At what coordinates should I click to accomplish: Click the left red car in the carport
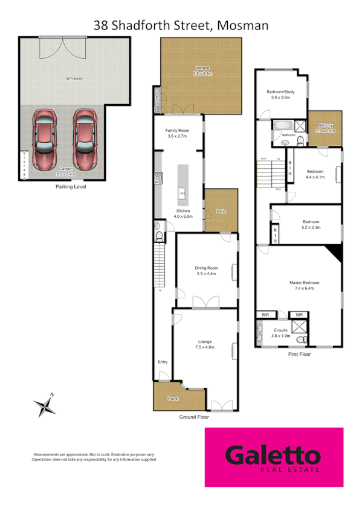click(45, 140)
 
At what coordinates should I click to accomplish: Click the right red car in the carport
click(85, 140)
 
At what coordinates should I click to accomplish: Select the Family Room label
click(178, 134)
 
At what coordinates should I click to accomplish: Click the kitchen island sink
click(181, 194)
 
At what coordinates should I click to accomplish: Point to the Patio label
click(221, 211)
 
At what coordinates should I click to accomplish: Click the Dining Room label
click(206, 270)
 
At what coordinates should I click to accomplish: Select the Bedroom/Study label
click(280, 94)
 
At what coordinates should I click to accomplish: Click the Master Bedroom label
click(304, 285)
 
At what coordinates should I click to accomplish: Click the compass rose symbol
click(45, 405)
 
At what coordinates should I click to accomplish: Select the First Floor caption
click(299, 354)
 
